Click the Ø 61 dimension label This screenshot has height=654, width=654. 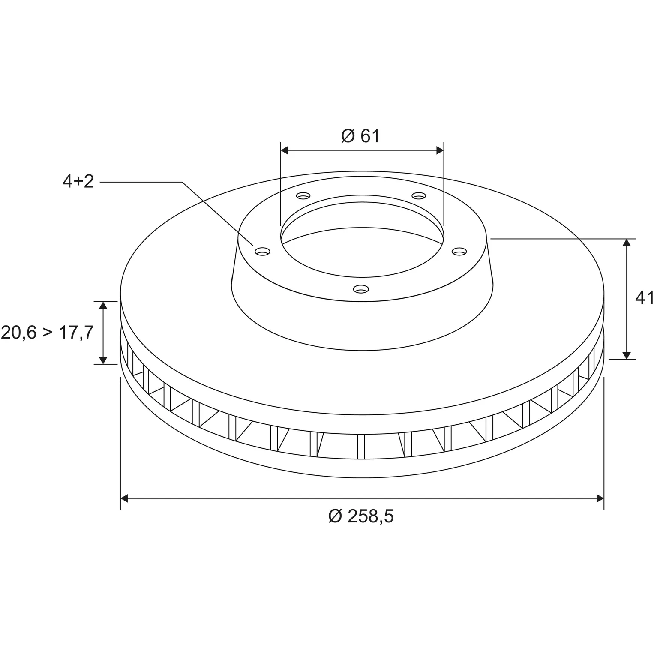(x=360, y=136)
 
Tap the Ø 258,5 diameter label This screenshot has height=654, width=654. (x=361, y=516)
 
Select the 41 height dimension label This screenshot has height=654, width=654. (x=644, y=298)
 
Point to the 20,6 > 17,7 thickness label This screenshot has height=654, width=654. (x=47, y=333)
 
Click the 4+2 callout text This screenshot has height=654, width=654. (x=78, y=182)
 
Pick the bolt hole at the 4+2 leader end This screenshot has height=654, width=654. (x=262, y=251)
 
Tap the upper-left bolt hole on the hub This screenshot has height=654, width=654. (x=303, y=196)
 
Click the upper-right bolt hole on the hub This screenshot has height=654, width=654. (x=419, y=196)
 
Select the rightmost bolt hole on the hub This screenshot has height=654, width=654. (x=459, y=251)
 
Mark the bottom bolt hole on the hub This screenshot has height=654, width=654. (x=361, y=289)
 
